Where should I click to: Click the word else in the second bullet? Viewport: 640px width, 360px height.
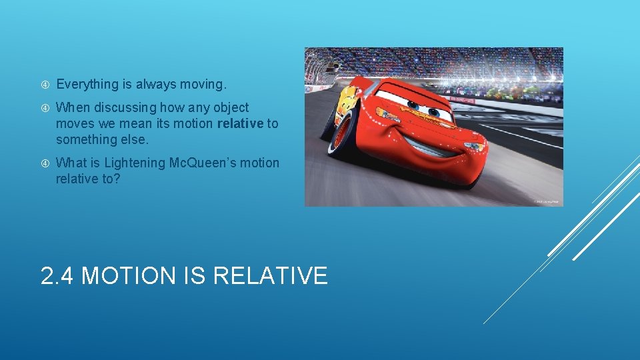tap(141, 139)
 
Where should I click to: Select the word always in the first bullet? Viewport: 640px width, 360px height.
tap(155, 85)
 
